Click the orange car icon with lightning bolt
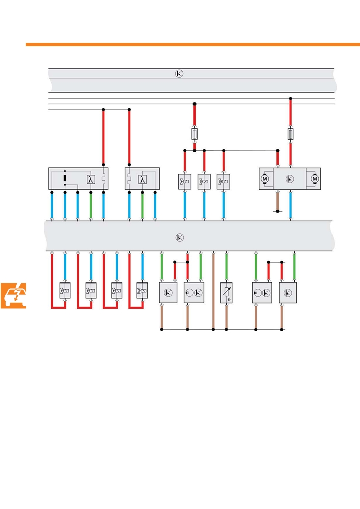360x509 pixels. [13, 296]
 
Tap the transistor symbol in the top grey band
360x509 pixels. [179, 74]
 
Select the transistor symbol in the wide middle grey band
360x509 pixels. [180, 237]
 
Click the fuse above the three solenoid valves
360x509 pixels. [195, 134]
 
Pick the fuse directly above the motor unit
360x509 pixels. [291, 134]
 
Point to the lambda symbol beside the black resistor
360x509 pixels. [91, 179]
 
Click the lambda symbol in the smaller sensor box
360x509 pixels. [142, 179]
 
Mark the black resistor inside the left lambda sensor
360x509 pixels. [65, 178]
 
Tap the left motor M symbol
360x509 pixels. [265, 179]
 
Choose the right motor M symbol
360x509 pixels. [314, 179]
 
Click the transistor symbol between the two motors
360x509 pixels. [290, 179]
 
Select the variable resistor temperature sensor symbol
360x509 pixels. [226, 293]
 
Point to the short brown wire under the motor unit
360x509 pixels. [278, 201]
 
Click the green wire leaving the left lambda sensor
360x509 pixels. [91, 206]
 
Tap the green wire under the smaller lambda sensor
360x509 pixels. [142, 206]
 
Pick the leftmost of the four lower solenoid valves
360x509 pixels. [65, 291]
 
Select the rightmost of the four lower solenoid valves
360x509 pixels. [142, 291]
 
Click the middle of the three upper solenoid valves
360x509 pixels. [204, 182]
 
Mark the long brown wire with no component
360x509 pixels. [213, 291]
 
